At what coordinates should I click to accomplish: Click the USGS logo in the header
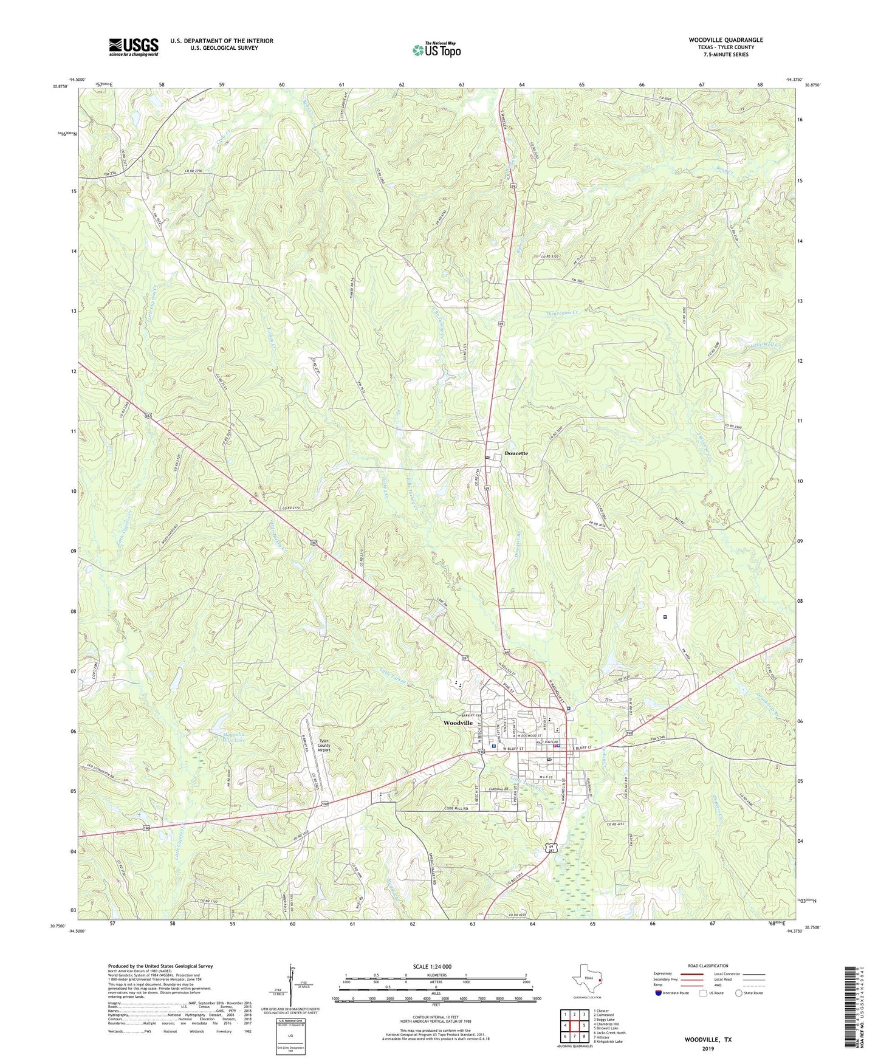click(134, 46)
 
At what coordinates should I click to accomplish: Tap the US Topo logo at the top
click(436, 50)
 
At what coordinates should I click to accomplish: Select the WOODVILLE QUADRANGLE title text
click(725, 40)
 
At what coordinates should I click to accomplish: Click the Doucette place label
click(516, 453)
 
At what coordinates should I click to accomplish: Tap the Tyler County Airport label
click(324, 746)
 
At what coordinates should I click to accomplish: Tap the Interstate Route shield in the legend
click(659, 993)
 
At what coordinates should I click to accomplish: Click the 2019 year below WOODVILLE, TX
click(708, 1049)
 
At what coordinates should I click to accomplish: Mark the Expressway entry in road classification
click(663, 973)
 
